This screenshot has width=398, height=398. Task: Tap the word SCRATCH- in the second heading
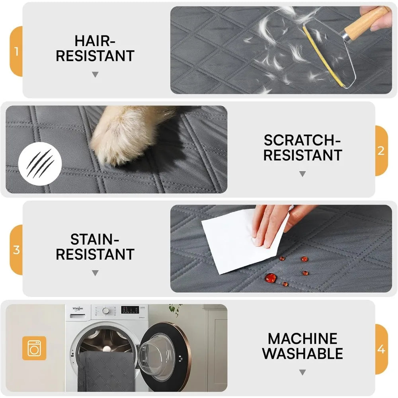tap(302, 140)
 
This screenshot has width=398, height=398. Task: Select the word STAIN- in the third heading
tap(95, 239)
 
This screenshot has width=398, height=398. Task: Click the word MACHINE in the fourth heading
tap(302, 339)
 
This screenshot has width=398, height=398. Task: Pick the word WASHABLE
tap(302, 353)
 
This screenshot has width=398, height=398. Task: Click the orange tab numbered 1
tap(16, 51)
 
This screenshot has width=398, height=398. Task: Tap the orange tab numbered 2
tap(381, 151)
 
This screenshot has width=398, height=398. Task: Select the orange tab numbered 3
tap(16, 250)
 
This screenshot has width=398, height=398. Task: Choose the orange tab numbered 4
tap(381, 349)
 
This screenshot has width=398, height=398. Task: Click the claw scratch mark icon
tap(39, 164)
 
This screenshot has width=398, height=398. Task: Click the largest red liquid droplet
tap(271, 277)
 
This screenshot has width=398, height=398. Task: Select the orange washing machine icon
tap(34, 348)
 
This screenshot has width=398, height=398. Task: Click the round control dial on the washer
tap(105, 310)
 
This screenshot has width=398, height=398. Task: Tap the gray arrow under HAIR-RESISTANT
tap(95, 74)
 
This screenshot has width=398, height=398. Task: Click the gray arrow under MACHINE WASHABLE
tap(302, 373)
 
